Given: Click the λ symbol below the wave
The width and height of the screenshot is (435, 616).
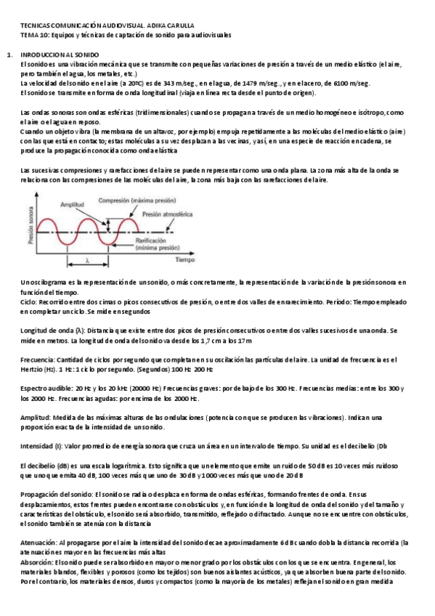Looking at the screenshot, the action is point(86,259).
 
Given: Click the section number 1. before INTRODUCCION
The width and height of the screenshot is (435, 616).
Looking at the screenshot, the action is point(8,55).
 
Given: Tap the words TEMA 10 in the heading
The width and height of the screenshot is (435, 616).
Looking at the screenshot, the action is point(34,35).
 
